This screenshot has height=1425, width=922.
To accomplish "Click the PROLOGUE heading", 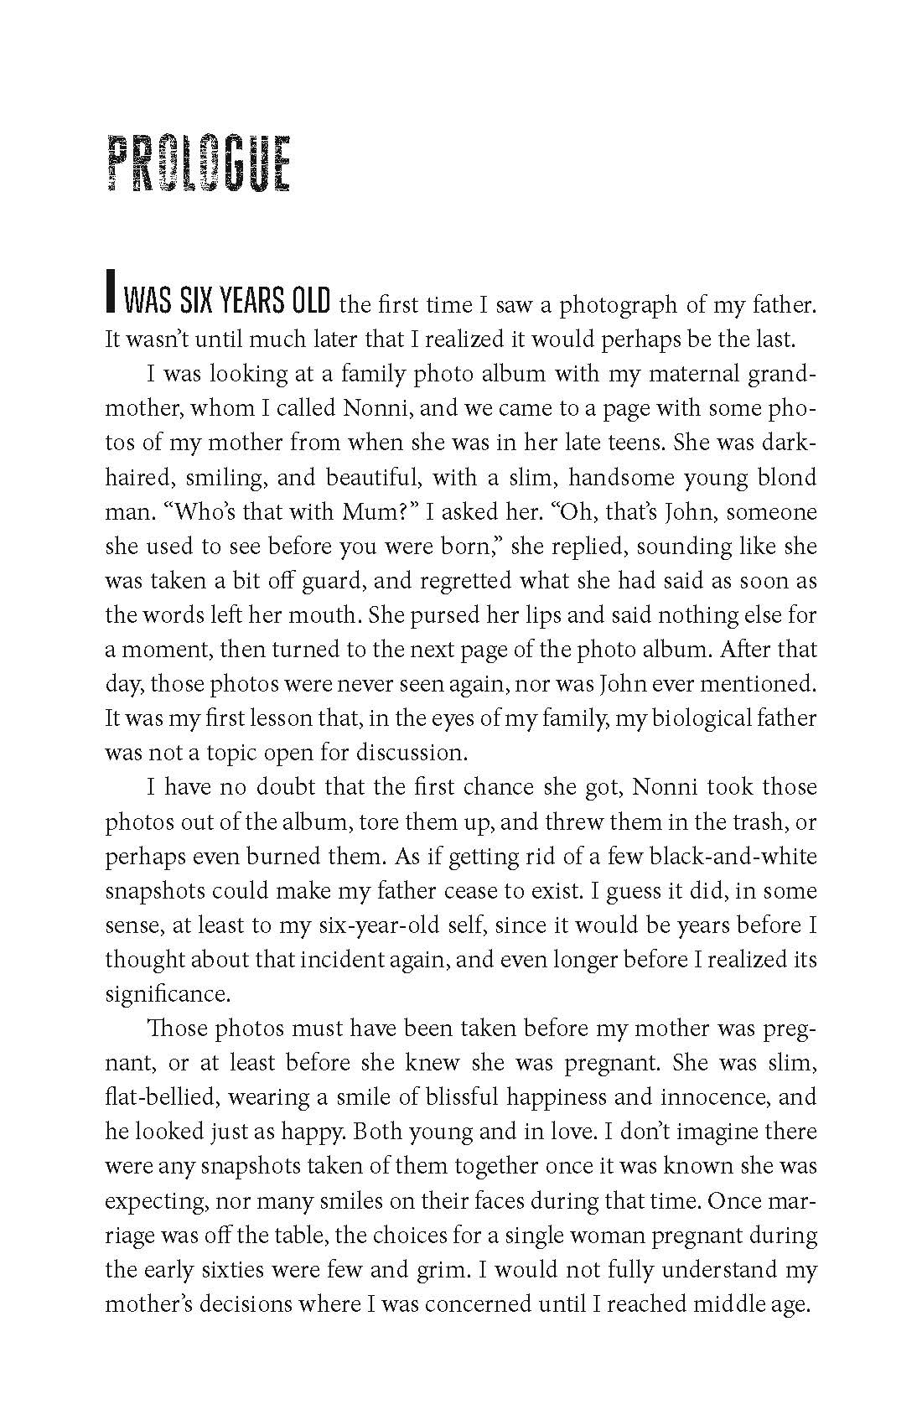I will (199, 165).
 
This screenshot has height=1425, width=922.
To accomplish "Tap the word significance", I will (166, 994).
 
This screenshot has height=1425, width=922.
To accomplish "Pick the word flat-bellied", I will (159, 1096).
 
